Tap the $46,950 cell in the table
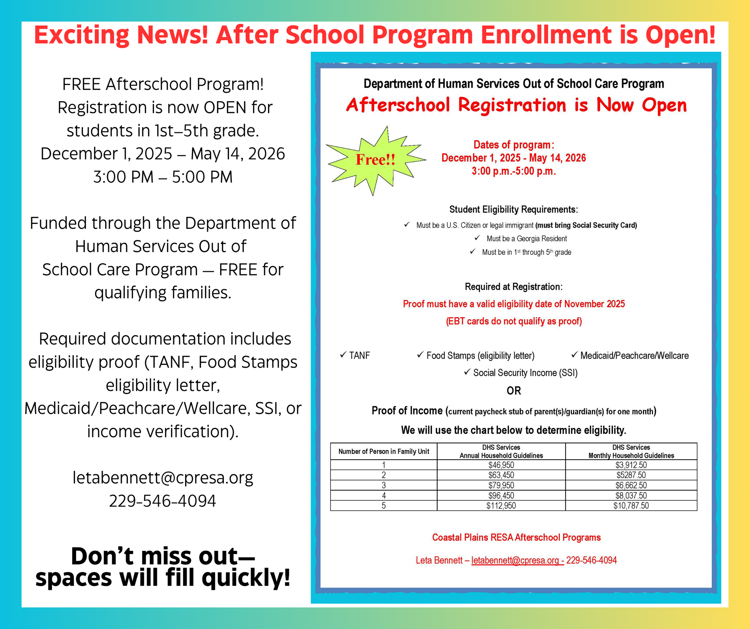pyautogui.click(x=501, y=465)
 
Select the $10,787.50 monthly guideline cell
pyautogui.click(x=631, y=506)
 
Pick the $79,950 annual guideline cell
pyautogui.click(x=501, y=485)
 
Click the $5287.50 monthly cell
pyautogui.click(x=631, y=475)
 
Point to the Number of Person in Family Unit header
pyautogui.click(x=383, y=452)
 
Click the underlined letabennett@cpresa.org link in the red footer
pyautogui.click(x=517, y=560)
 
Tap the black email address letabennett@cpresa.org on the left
pyautogui.click(x=163, y=478)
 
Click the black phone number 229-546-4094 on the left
pyautogui.click(x=163, y=501)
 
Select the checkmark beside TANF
pyautogui.click(x=343, y=355)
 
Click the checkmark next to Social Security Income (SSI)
pyautogui.click(x=467, y=372)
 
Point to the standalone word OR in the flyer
pyautogui.click(x=514, y=391)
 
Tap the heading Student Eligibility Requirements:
pyautogui.click(x=514, y=209)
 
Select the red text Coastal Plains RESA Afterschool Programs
pyautogui.click(x=516, y=537)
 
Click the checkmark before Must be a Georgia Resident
pyautogui.click(x=477, y=238)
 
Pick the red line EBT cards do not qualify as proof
pyautogui.click(x=514, y=321)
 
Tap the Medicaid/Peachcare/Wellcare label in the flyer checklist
pyautogui.click(x=634, y=356)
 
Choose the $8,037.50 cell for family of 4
pyautogui.click(x=631, y=495)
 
